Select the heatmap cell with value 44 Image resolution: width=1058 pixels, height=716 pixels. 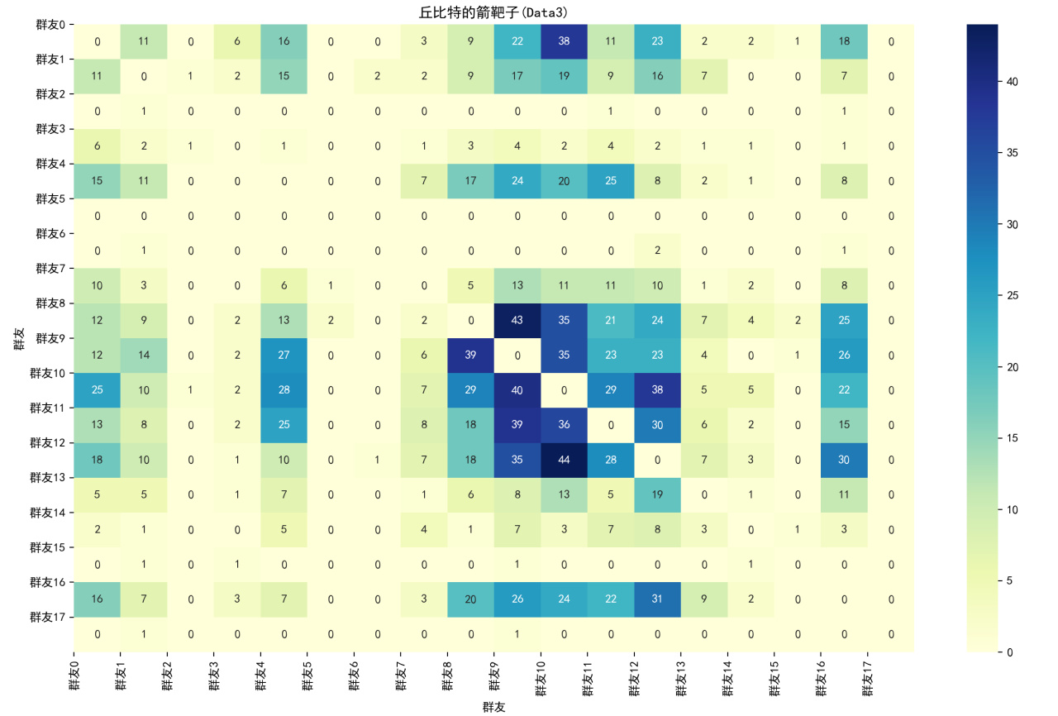pyautogui.click(x=565, y=460)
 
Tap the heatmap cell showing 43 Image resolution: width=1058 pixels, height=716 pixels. pyautogui.click(x=517, y=321)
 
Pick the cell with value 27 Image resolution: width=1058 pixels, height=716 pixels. pyautogui.click(x=284, y=356)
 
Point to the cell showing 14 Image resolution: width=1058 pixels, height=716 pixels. pyautogui.click(x=144, y=356)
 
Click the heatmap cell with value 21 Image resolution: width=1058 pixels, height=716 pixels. pyautogui.click(x=611, y=321)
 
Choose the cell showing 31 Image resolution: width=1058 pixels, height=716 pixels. pyautogui.click(x=658, y=599)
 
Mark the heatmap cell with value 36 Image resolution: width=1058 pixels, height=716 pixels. pyautogui.click(x=565, y=425)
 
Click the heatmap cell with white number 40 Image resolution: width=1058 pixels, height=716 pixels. pyautogui.click(x=517, y=390)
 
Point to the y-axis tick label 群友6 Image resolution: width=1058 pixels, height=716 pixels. pyautogui.click(x=50, y=233)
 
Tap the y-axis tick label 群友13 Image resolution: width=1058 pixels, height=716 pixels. pyautogui.click(x=48, y=477)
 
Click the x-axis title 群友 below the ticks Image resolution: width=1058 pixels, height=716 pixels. pyautogui.click(x=494, y=707)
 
